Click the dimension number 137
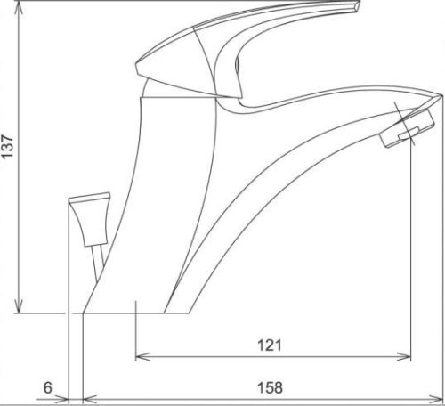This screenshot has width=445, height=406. point(7,146)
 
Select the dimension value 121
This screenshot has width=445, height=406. point(270,345)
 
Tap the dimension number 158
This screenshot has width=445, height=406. point(270,387)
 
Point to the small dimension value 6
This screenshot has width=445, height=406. point(48,387)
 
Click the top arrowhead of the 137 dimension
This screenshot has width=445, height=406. point(19,8)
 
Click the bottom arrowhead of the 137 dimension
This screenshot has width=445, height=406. point(19,306)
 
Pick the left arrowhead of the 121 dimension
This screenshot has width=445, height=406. point(142,356)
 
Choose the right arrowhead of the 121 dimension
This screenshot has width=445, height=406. point(404,356)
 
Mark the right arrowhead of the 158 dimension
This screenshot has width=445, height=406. point(435,399)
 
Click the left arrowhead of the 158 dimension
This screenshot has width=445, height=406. point(90,399)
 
